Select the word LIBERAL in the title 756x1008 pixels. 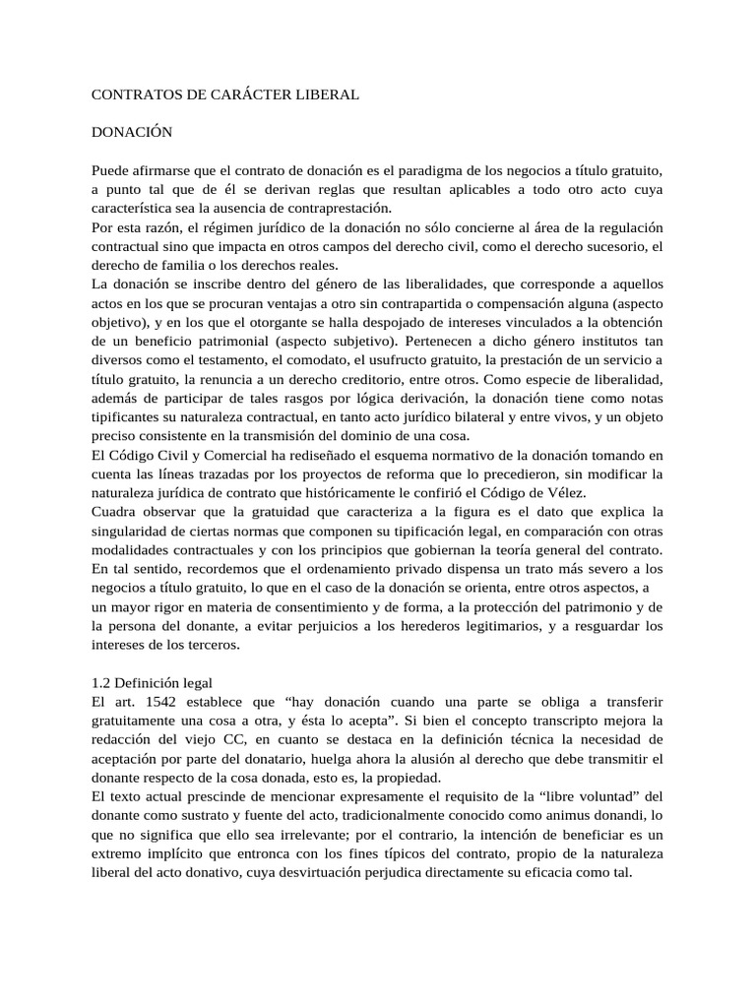(324, 94)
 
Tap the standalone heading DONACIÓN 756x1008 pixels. (132, 131)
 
